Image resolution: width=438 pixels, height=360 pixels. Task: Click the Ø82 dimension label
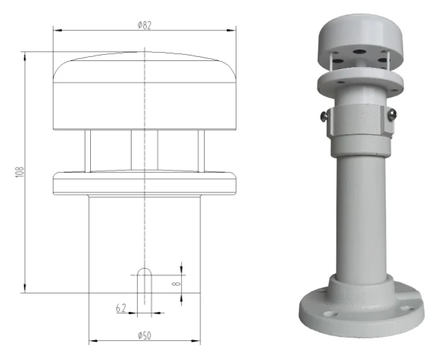click(x=144, y=24)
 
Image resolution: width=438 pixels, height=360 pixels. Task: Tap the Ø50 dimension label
click(x=144, y=336)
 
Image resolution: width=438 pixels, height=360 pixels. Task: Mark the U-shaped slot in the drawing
click(x=144, y=285)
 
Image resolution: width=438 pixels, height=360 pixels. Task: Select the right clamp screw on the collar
click(x=391, y=116)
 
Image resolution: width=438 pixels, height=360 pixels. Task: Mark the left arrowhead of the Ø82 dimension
click(x=56, y=30)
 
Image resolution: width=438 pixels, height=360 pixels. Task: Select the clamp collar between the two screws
click(x=358, y=122)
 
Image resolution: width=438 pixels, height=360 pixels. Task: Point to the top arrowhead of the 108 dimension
click(x=26, y=54)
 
